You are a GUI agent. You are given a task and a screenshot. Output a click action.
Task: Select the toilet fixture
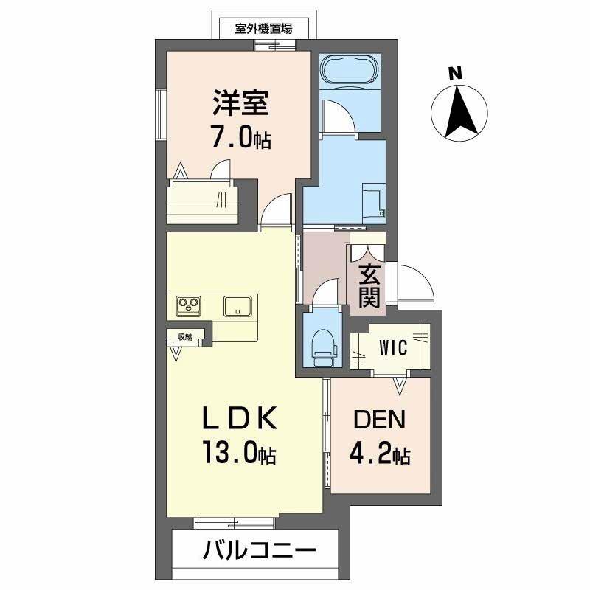pos(323,347)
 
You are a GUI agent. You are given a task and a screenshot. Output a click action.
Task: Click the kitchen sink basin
pos(238,305)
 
